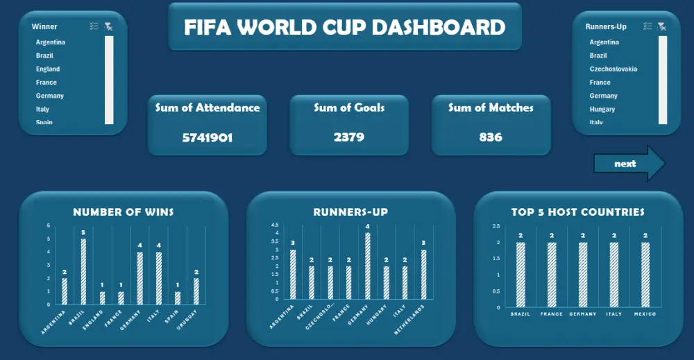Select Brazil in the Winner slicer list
pos(44,55)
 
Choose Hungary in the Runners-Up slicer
pos(602,109)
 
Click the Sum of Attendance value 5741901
pos(207,137)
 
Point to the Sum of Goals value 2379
pos(348,137)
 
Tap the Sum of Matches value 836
pos(491,137)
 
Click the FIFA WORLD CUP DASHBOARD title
pos(344,27)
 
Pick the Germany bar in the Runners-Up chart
pos(368,266)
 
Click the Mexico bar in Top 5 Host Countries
pos(645,275)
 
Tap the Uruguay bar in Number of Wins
pos(196,291)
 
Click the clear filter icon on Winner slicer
pos(108,26)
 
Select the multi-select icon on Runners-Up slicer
pos(648,26)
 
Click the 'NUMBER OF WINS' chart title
pos(124,212)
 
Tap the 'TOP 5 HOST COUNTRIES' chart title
pos(578,212)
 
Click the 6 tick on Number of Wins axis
pos(48,225)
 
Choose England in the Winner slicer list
pos(48,69)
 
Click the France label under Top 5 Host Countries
pos(551,314)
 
